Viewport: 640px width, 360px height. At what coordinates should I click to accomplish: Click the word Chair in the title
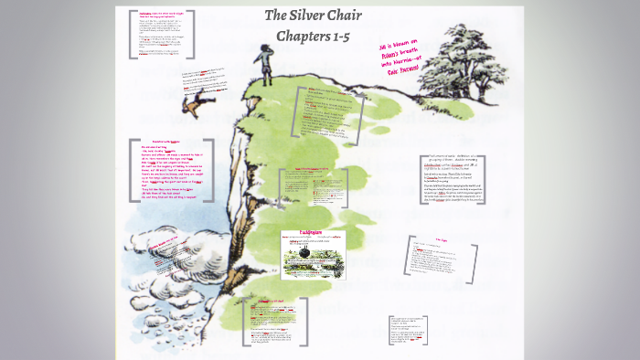coord(356,16)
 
